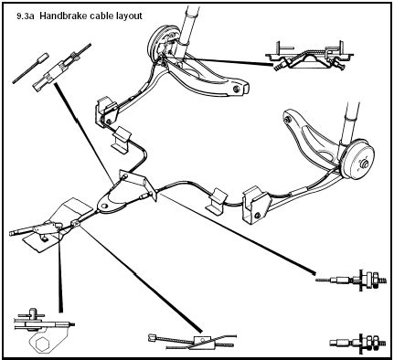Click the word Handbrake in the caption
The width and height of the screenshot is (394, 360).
(63, 16)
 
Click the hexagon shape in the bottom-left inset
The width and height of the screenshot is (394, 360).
(42, 345)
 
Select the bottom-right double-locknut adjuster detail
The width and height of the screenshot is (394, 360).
(357, 344)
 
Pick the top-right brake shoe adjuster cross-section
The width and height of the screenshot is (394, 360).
(309, 57)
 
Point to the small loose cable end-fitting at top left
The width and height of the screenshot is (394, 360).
(31, 68)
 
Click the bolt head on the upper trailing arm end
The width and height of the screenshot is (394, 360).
(237, 89)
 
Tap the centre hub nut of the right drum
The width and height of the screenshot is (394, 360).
(363, 164)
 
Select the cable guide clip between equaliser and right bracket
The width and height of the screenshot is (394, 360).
(216, 200)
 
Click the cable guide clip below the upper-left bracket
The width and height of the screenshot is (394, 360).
(122, 139)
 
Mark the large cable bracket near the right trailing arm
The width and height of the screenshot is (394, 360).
(256, 205)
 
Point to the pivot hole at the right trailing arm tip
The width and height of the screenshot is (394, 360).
(287, 120)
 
